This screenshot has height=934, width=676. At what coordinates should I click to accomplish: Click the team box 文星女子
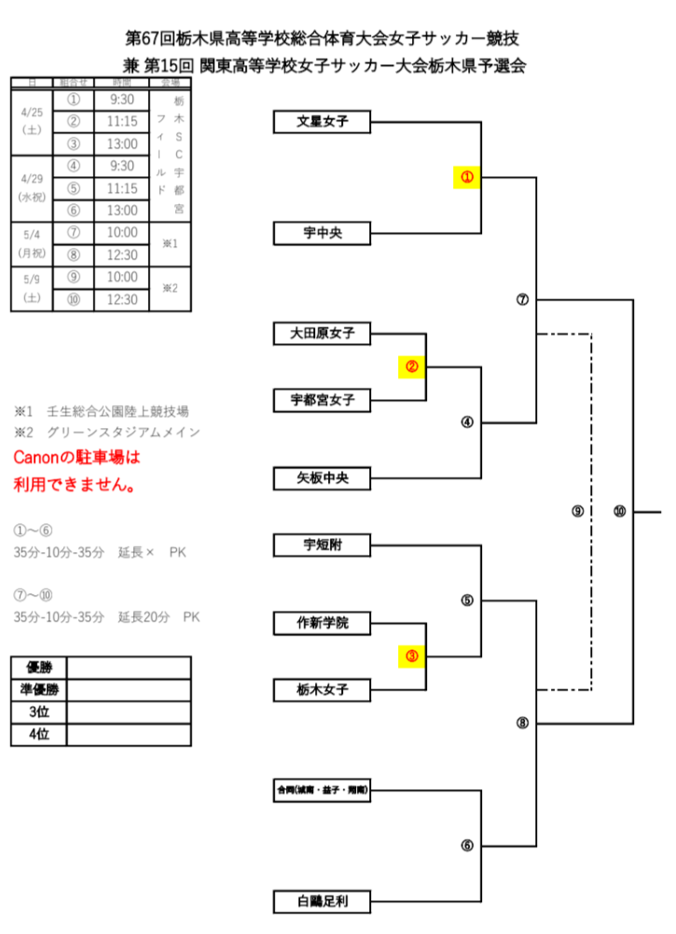click(x=322, y=121)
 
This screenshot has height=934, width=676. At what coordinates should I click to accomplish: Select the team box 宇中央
click(x=322, y=233)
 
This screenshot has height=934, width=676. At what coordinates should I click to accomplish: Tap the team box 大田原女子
click(x=322, y=332)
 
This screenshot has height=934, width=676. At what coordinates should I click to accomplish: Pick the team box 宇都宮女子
click(x=322, y=400)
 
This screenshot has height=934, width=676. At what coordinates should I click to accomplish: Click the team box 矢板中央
click(x=322, y=479)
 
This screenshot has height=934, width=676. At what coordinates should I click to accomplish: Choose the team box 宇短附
click(x=322, y=545)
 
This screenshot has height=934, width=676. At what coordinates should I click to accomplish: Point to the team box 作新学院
click(x=322, y=622)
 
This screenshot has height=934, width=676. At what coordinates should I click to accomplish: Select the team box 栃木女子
click(x=322, y=690)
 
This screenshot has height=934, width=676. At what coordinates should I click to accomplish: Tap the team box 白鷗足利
click(x=322, y=901)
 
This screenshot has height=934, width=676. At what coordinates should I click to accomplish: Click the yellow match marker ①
click(x=466, y=176)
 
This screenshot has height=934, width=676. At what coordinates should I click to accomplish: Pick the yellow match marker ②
click(x=411, y=367)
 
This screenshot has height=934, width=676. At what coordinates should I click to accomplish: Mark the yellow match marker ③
click(x=411, y=656)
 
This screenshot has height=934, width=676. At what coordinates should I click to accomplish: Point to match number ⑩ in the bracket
click(x=620, y=511)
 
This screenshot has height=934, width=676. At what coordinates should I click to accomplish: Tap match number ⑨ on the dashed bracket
click(x=578, y=511)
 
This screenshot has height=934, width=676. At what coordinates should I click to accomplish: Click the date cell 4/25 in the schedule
click(x=32, y=121)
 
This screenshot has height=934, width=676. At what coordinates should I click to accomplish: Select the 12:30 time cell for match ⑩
click(x=122, y=300)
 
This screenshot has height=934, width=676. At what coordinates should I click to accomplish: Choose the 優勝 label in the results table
click(x=39, y=667)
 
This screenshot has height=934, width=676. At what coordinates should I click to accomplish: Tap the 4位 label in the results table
click(x=39, y=735)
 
